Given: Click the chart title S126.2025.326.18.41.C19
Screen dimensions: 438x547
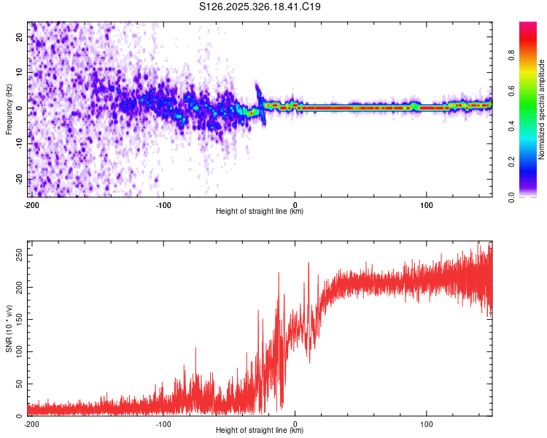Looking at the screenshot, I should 260,7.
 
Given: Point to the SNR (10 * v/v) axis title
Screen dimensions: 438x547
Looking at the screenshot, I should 9,328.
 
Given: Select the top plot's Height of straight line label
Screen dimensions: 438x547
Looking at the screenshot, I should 260,212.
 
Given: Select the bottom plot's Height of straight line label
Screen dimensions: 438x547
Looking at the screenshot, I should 260,431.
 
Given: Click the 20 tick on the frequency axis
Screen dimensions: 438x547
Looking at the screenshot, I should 20,36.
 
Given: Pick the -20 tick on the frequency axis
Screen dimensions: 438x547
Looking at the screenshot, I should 18,179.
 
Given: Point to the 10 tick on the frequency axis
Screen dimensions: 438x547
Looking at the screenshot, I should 20,72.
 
